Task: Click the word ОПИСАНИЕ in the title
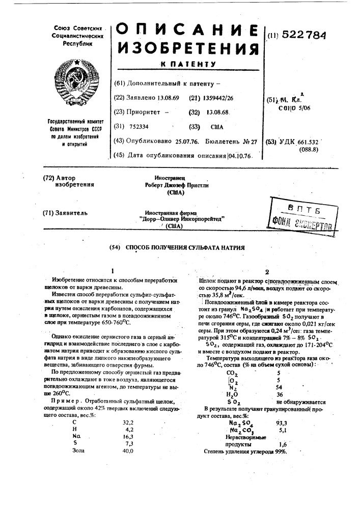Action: tap(186, 30)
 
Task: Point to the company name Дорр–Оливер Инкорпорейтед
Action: tap(182, 219)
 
